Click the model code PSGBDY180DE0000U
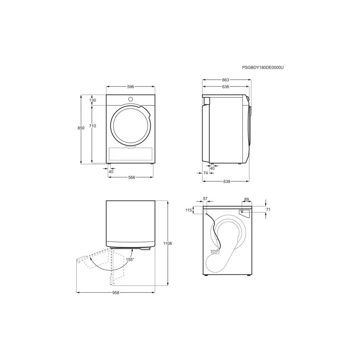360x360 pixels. pos(263,67)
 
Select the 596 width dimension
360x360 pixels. pos(131,87)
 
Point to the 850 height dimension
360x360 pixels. pos(81,128)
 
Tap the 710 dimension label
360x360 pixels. pos(93,126)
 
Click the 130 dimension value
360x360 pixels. pos(93,100)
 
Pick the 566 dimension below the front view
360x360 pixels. pos(132,177)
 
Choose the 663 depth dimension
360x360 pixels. pos(225,80)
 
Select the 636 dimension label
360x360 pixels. pos(225,87)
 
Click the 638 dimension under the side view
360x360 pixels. pos(226,182)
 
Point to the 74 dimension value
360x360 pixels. pos(206,173)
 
